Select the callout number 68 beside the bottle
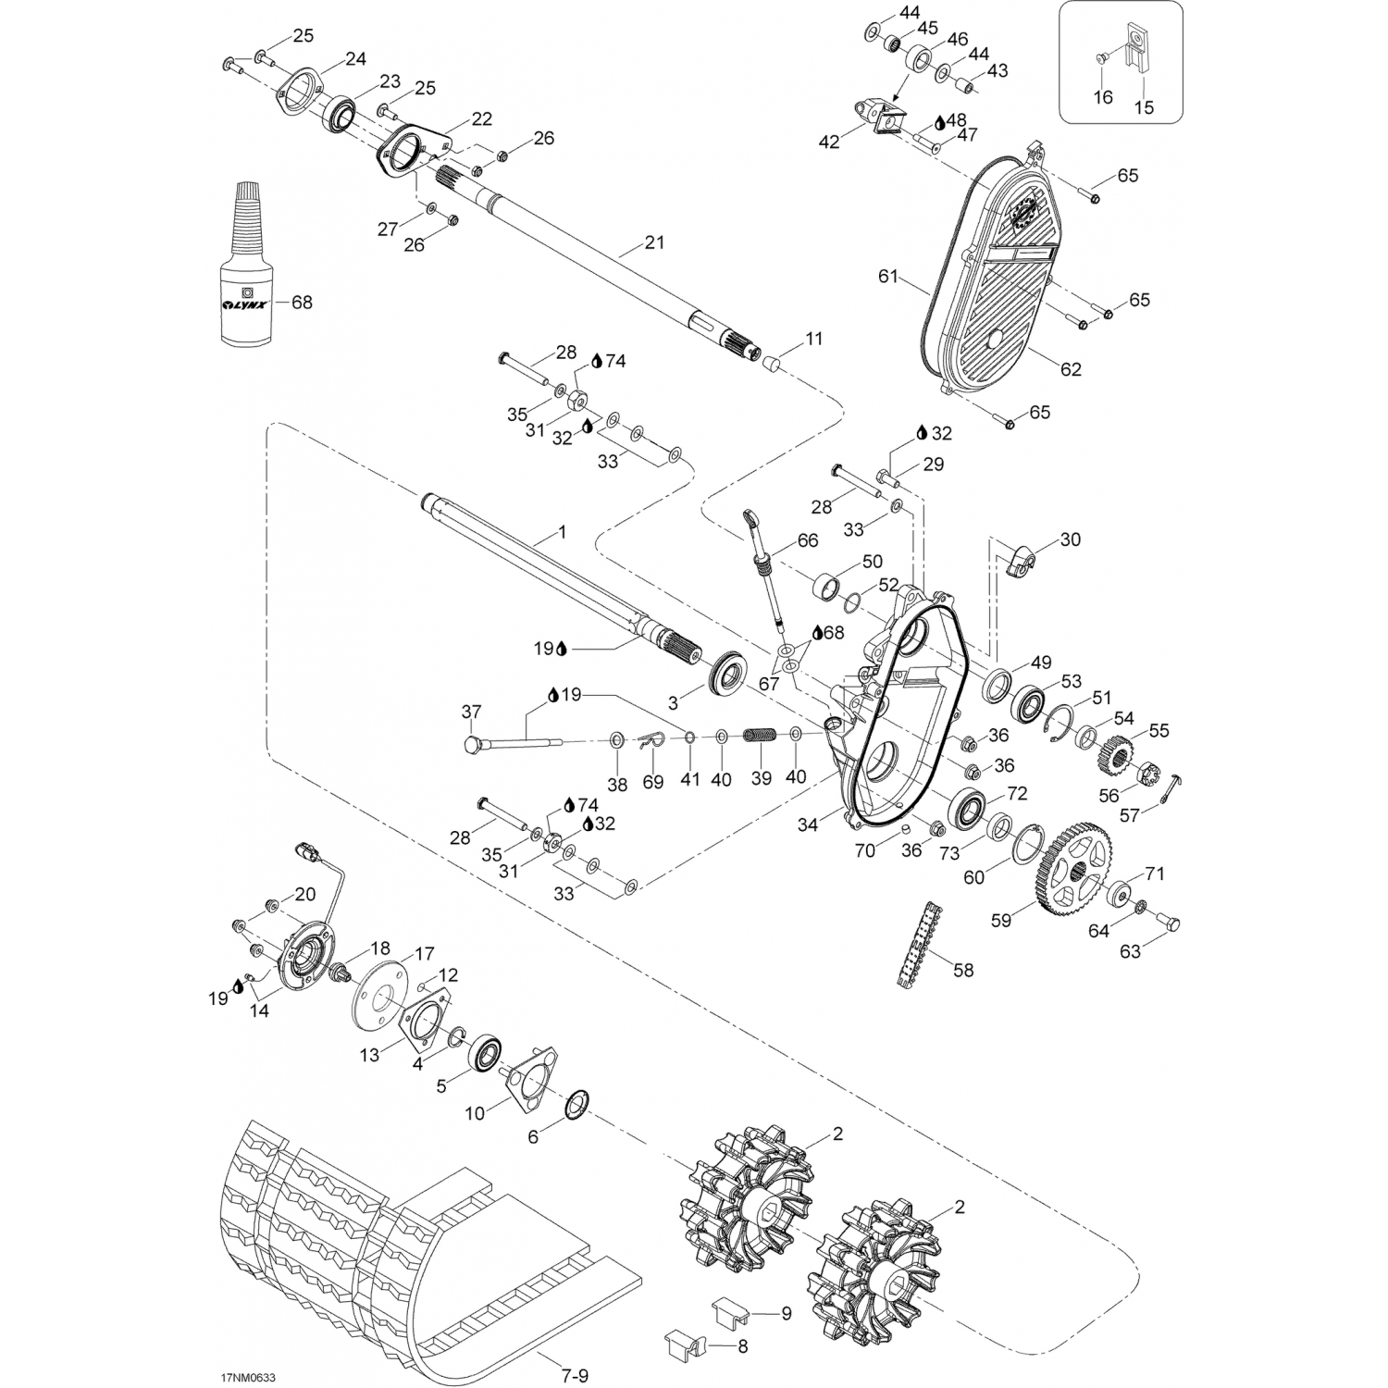click(x=302, y=303)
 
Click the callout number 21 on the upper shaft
click(x=654, y=242)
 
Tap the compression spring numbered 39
click(x=758, y=737)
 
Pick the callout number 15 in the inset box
click(x=1144, y=107)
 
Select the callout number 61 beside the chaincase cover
click(x=888, y=276)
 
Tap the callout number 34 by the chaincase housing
click(x=808, y=824)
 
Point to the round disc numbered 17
click(x=380, y=991)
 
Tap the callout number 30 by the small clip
click(x=1070, y=539)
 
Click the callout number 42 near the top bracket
click(x=829, y=141)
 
